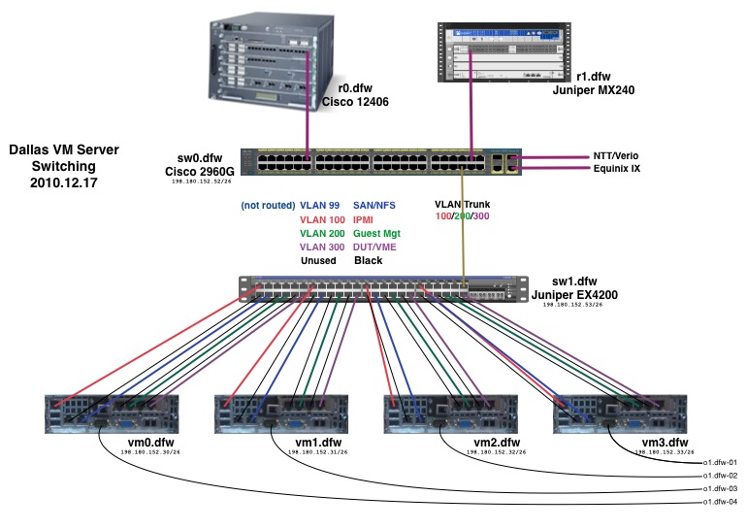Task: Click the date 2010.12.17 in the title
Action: coord(65,181)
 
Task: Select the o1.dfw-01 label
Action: coord(720,463)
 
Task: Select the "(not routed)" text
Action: coord(270,206)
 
